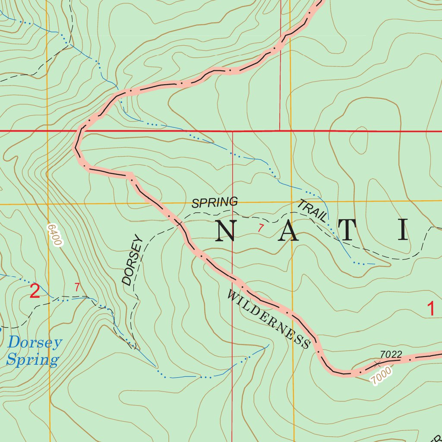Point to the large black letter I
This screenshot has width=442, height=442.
403,230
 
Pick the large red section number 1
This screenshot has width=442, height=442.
430,309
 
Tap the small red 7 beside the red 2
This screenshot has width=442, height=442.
77,287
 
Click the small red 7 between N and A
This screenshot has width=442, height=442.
260,228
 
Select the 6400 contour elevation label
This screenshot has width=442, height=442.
54,235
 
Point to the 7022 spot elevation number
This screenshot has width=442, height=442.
391,354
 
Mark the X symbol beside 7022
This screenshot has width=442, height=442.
378,363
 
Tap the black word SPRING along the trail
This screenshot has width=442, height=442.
215,202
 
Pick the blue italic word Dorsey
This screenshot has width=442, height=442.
35,343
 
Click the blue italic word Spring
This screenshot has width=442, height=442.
32,360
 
